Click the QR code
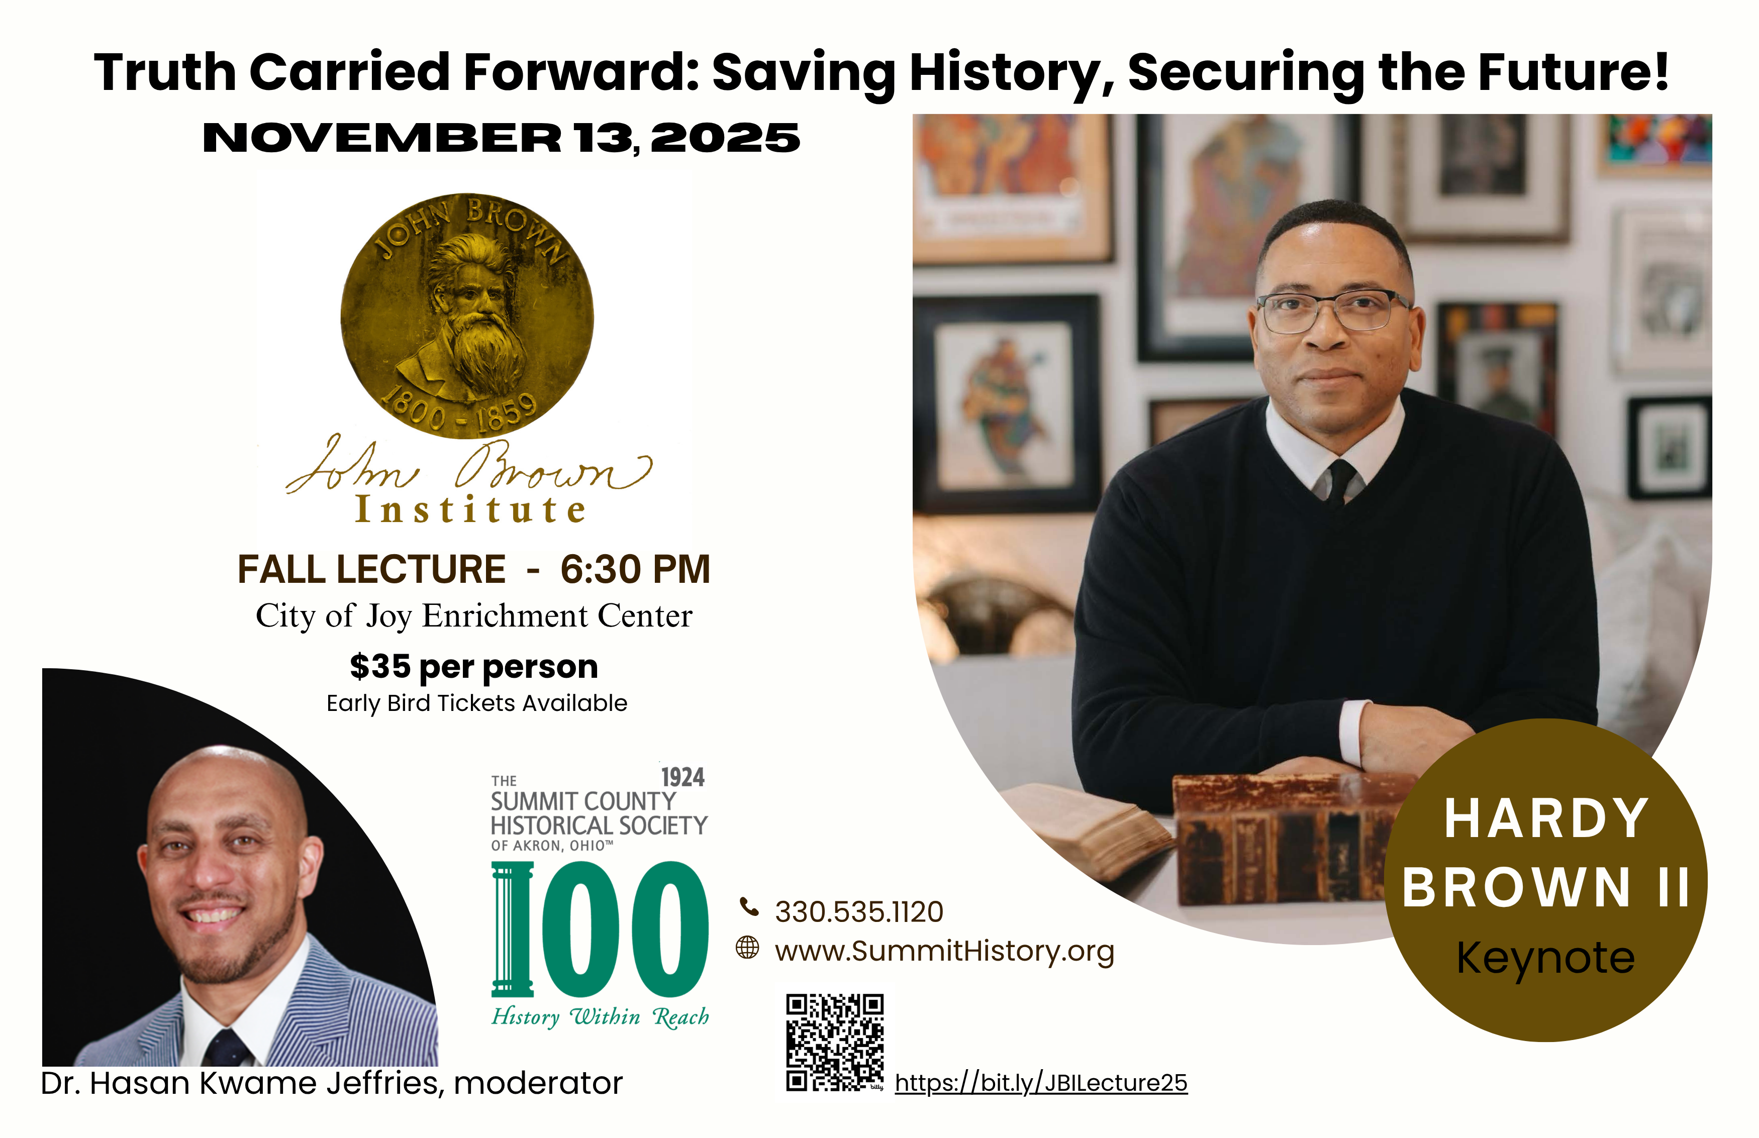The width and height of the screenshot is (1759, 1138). [x=834, y=1043]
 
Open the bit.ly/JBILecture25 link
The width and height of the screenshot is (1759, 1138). [x=1041, y=1083]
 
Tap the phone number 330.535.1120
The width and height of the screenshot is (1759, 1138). [x=859, y=912]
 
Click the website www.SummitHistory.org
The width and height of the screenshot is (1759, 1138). [x=944, y=951]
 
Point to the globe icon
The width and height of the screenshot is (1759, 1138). [x=747, y=948]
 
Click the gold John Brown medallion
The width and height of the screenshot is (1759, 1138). [x=467, y=316]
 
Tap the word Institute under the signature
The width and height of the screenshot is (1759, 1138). [x=471, y=509]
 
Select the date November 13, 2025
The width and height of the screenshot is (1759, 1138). [x=501, y=138]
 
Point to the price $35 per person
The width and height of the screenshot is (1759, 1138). [x=474, y=667]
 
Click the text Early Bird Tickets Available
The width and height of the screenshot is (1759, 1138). [x=477, y=703]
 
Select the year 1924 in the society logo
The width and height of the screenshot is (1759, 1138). [x=683, y=777]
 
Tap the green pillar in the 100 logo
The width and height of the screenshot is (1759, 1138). [x=512, y=929]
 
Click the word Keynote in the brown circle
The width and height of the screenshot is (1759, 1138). [x=1545, y=959]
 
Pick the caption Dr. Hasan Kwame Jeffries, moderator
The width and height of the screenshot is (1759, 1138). [x=332, y=1083]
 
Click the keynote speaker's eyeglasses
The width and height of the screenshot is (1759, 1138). [x=1334, y=311]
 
